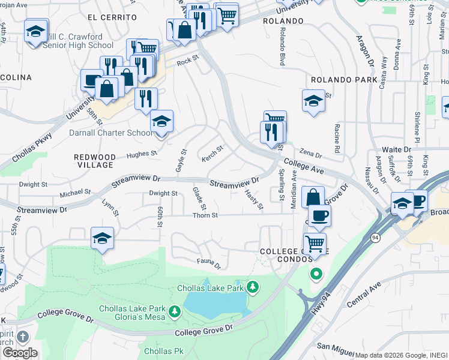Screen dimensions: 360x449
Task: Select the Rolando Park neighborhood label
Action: click(x=344, y=80)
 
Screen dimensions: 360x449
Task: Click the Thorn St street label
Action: click(x=204, y=215)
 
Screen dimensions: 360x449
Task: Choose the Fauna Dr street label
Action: click(x=209, y=262)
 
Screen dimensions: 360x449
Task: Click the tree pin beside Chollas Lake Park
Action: click(x=253, y=288)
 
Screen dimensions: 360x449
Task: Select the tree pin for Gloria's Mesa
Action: click(x=174, y=311)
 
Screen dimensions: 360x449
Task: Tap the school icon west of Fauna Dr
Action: click(x=103, y=239)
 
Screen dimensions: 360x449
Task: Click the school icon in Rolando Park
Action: click(x=313, y=101)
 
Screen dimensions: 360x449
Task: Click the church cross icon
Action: click(x=23, y=338)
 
